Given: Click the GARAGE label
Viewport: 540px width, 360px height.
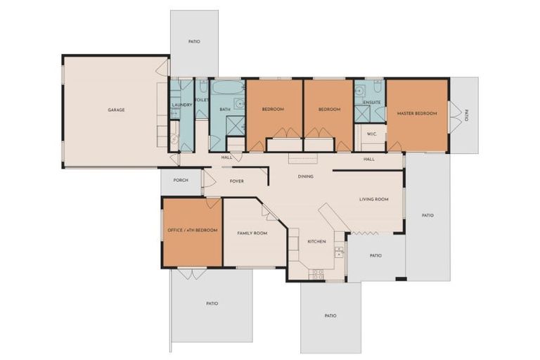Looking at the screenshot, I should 116,110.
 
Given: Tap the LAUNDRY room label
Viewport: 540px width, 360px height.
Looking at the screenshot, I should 181,105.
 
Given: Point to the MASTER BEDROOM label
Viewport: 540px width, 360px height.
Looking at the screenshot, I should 417,113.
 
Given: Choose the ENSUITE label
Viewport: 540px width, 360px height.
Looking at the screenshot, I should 372,103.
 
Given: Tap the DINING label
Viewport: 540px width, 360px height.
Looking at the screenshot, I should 305,176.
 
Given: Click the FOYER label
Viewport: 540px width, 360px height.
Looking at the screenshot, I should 236,181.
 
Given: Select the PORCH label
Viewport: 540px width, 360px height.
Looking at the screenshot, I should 181,180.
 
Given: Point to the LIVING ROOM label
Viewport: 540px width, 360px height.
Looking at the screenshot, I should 374,199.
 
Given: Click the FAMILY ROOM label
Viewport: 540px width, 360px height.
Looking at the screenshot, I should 252,233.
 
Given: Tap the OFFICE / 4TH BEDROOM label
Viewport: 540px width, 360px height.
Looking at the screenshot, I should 192,230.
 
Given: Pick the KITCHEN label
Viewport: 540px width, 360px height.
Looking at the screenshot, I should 316,241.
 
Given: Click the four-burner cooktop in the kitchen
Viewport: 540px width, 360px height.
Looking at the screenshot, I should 318,274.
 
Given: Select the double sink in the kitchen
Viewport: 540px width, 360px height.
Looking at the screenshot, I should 338,251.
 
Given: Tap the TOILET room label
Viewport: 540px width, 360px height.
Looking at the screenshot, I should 202,101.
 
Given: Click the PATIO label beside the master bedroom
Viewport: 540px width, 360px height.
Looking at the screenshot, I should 465,115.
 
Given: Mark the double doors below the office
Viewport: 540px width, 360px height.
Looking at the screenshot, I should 191,274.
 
